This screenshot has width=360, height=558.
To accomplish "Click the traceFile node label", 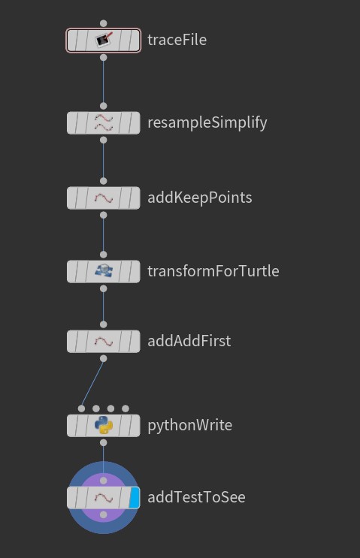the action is click(x=177, y=40).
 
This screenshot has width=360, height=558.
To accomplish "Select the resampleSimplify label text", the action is click(x=207, y=123).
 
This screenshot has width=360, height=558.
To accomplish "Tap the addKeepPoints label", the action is click(x=200, y=198).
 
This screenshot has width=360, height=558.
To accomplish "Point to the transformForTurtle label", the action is click(x=213, y=271).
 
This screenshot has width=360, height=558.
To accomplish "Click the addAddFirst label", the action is click(x=189, y=341).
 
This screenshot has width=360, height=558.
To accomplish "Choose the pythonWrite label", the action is click(x=190, y=425).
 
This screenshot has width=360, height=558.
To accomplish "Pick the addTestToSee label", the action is click(x=196, y=497).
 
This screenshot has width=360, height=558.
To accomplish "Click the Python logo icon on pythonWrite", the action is click(x=104, y=425).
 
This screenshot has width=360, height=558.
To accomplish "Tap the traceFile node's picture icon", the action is click(x=104, y=40).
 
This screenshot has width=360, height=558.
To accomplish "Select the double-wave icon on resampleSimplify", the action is click(x=104, y=122).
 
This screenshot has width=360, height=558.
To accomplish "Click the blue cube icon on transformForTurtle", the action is click(x=104, y=271).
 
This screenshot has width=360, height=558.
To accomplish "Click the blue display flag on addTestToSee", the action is click(x=134, y=497).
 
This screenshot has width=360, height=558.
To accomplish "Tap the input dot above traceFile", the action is click(x=103, y=23).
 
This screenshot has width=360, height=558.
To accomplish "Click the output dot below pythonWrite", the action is click(x=103, y=442).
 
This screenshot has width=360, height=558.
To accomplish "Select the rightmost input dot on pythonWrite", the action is click(x=126, y=409).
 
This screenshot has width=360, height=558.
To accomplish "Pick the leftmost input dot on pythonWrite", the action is click(x=81, y=409).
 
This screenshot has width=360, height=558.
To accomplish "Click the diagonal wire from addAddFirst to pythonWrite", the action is click(x=92, y=384).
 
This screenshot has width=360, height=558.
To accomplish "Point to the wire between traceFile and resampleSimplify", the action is click(x=103, y=82).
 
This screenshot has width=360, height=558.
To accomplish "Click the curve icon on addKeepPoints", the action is click(x=104, y=198).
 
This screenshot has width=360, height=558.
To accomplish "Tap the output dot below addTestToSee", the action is click(x=103, y=514).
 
